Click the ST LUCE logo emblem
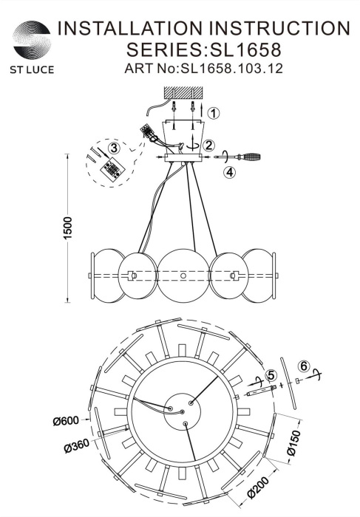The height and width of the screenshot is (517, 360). (32, 40)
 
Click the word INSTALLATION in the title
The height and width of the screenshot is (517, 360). (130, 28)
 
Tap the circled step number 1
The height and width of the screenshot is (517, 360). (214, 114)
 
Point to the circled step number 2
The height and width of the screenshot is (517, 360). (208, 145)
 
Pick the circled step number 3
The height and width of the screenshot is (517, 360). (114, 148)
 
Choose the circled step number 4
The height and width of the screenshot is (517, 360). (230, 172)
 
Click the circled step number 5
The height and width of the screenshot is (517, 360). (271, 375)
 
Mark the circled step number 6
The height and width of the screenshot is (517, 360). (304, 366)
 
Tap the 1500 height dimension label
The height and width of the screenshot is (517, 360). (67, 227)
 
